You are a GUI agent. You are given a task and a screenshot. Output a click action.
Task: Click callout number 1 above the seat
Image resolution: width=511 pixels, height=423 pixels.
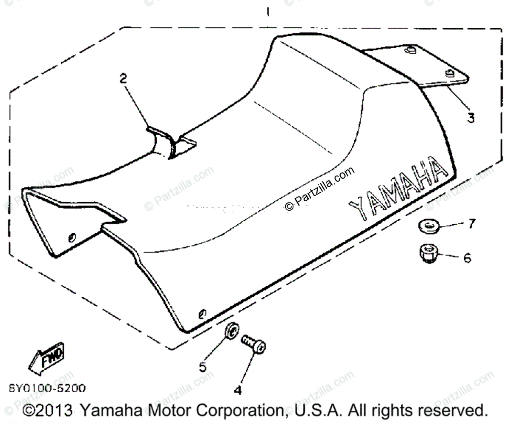[x=267, y=12]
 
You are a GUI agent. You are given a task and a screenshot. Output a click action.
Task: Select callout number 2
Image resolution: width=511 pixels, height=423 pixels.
[x=123, y=78]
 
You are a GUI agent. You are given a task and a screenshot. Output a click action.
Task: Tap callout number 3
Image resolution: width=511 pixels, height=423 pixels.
[x=470, y=117]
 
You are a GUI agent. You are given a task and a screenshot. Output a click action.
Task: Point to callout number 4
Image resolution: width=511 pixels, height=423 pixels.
[x=238, y=390]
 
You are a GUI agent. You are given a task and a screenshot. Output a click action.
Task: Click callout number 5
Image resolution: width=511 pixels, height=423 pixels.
[x=203, y=366]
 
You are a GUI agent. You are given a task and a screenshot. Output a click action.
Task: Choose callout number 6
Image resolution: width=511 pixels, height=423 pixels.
[x=467, y=258]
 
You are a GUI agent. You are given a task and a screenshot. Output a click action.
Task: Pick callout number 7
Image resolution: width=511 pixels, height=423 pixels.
[x=471, y=223]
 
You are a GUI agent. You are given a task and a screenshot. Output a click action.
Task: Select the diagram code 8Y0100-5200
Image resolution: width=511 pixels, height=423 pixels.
[x=47, y=388]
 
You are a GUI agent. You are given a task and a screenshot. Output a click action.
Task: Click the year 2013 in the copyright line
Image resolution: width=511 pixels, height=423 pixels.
[x=55, y=411]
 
